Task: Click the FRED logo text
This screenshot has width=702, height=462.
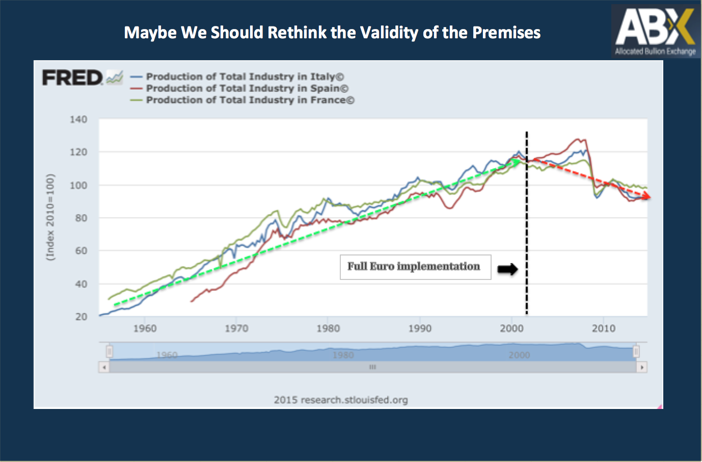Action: pyautogui.click(x=72, y=78)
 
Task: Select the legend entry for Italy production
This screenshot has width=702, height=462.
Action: pyautogui.click(x=237, y=76)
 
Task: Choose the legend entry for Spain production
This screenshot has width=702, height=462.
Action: pyautogui.click(x=239, y=88)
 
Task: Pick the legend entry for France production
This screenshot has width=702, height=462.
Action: pyautogui.click(x=242, y=100)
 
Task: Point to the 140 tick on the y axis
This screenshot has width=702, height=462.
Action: pyautogui.click(x=78, y=119)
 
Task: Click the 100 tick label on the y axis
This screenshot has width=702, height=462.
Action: pyautogui.click(x=78, y=185)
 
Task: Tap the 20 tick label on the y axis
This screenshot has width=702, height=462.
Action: pyautogui.click(x=81, y=317)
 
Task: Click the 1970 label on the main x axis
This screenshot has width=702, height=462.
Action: pyautogui.click(x=236, y=328)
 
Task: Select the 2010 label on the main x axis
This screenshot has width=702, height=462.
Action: pyautogui.click(x=604, y=328)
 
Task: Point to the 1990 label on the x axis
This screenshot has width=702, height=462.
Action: pyautogui.click(x=420, y=328)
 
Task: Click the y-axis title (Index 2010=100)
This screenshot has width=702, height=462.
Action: pyautogui.click(x=50, y=217)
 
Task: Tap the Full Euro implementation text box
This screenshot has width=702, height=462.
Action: pyautogui.click(x=416, y=267)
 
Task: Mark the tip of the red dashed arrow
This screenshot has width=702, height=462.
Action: pyautogui.click(x=651, y=197)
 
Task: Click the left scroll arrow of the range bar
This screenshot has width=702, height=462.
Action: pyautogui.click(x=104, y=367)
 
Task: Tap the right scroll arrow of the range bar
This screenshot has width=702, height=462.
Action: pyautogui.click(x=642, y=367)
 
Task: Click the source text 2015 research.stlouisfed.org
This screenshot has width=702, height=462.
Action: pyautogui.click(x=341, y=400)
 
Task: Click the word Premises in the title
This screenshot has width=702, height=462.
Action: pyautogui.click(x=506, y=33)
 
